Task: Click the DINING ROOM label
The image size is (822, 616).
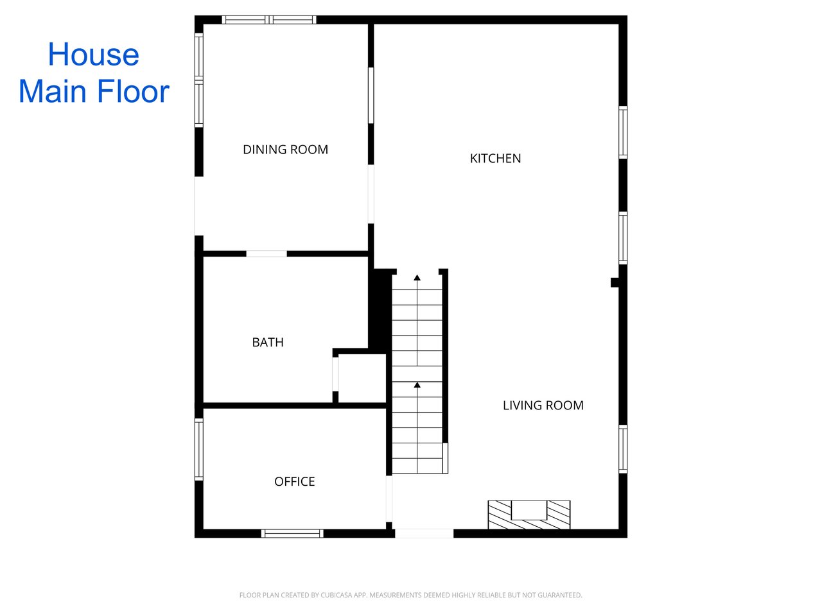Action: (285, 150)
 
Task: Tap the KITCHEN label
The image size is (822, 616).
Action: (495, 158)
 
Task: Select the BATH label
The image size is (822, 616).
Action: (268, 342)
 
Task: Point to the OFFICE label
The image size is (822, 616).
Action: (294, 481)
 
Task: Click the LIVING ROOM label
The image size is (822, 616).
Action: (543, 405)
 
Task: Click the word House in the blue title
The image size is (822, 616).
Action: (94, 55)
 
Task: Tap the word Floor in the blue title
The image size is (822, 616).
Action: (134, 91)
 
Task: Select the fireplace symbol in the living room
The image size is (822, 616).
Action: (529, 515)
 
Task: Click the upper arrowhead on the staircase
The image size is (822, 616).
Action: (417, 277)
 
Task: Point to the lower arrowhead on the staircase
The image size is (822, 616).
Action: (417, 385)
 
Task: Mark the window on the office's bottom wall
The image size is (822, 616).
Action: (292, 533)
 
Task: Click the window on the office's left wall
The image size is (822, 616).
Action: (199, 449)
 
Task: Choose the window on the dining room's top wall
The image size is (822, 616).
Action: (269, 20)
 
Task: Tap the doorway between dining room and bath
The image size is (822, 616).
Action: (267, 254)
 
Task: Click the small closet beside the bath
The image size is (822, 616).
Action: (362, 378)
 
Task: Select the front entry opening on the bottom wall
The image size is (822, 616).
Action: (424, 533)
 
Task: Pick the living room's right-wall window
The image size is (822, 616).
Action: (623, 449)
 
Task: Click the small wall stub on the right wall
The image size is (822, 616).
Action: (615, 282)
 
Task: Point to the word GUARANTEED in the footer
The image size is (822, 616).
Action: (560, 595)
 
